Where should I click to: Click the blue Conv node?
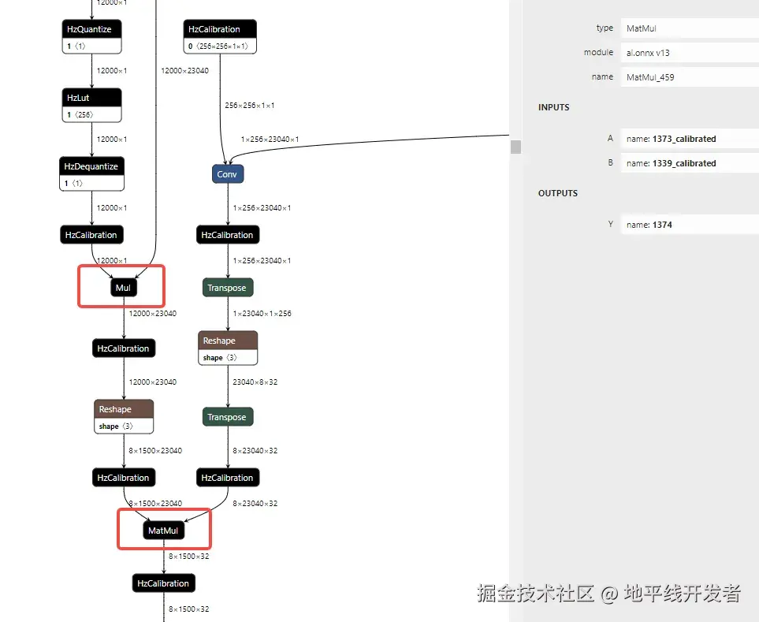click(227, 173)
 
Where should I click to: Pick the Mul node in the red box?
click(123, 288)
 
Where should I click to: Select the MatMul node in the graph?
click(164, 531)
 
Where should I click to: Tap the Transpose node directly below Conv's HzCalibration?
click(227, 288)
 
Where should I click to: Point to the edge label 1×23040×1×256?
click(262, 314)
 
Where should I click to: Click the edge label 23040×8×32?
click(255, 382)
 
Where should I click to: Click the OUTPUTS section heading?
click(558, 193)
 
